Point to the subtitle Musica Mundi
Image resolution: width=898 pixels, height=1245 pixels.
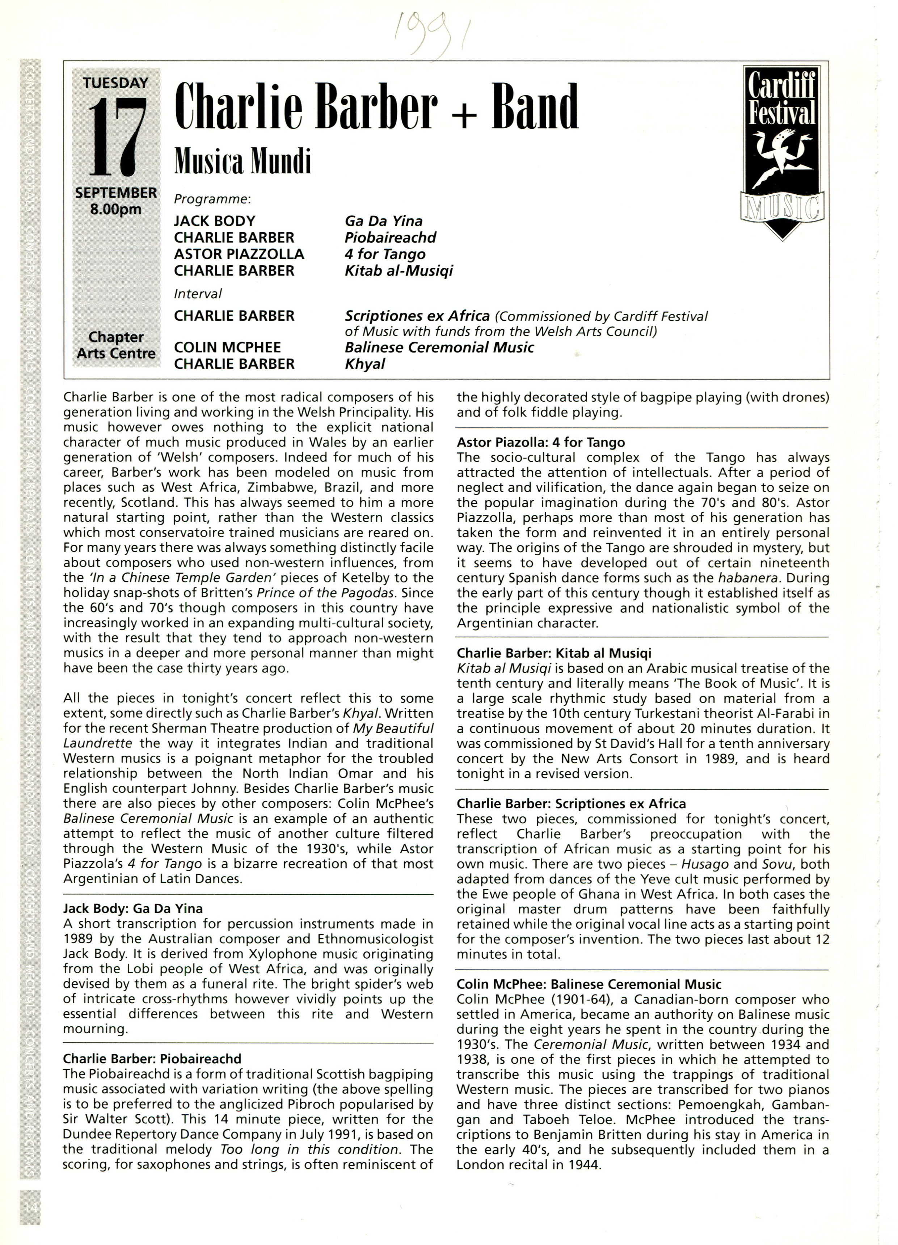tap(243, 162)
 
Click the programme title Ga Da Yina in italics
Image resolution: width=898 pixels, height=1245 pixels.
tap(384, 221)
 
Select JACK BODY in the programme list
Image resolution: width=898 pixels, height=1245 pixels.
tap(215, 221)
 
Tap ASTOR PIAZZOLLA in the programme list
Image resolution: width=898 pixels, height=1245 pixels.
tap(239, 254)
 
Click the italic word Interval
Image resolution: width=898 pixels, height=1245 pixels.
tap(198, 294)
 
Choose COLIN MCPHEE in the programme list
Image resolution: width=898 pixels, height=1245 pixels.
tap(227, 347)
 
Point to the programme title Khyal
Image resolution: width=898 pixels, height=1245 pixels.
tap(365, 364)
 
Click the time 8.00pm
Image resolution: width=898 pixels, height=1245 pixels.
tap(116, 209)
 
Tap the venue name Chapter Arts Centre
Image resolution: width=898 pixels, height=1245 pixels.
tap(116, 345)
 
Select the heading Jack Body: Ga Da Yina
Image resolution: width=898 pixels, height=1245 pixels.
tap(133, 908)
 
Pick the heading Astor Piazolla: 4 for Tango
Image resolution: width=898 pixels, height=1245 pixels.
tap(541, 443)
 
